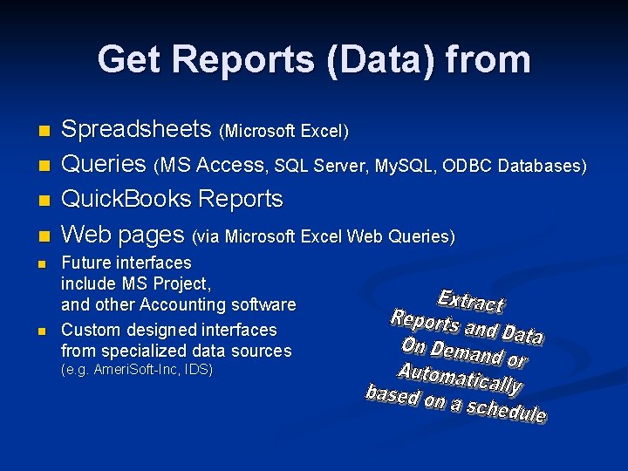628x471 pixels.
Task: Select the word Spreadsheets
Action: click(x=137, y=130)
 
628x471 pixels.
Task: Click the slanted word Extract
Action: click(x=470, y=301)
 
